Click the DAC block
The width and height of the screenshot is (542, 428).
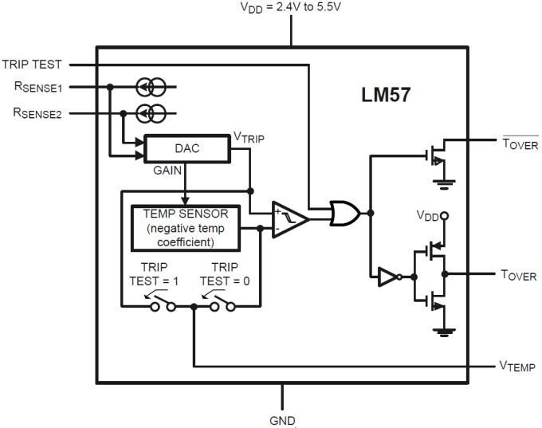(x=187, y=149)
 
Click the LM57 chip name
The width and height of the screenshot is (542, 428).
(x=385, y=99)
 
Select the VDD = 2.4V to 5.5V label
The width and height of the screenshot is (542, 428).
(x=291, y=7)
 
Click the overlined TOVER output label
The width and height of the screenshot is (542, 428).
(x=519, y=144)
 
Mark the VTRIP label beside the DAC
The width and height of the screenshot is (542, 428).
(x=248, y=137)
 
